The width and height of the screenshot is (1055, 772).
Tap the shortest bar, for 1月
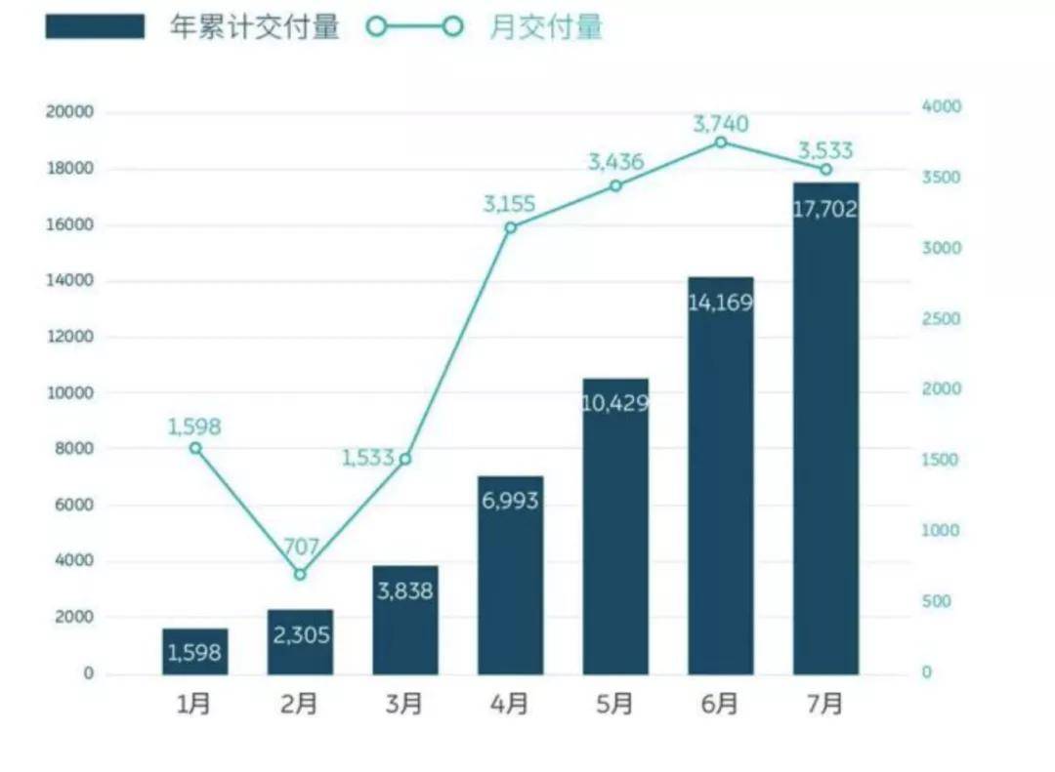point(194,651)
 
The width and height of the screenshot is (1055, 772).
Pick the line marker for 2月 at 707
point(300,574)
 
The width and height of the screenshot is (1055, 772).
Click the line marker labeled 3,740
point(721,142)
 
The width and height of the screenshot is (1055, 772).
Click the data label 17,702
point(825,209)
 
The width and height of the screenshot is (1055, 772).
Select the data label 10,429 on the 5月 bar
point(615,402)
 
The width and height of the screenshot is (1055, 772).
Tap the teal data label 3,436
point(615,162)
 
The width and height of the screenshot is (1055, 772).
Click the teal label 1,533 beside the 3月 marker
point(367,457)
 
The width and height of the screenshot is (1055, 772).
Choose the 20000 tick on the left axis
point(69,112)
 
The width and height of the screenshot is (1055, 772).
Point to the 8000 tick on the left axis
point(73,449)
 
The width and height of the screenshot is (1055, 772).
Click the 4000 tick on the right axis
point(942,106)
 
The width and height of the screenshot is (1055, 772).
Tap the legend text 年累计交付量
point(255,27)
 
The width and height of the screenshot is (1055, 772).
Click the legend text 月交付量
point(546,27)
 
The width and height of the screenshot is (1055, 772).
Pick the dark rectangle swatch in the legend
point(95,27)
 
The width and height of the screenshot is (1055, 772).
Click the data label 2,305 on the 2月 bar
point(300,635)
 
